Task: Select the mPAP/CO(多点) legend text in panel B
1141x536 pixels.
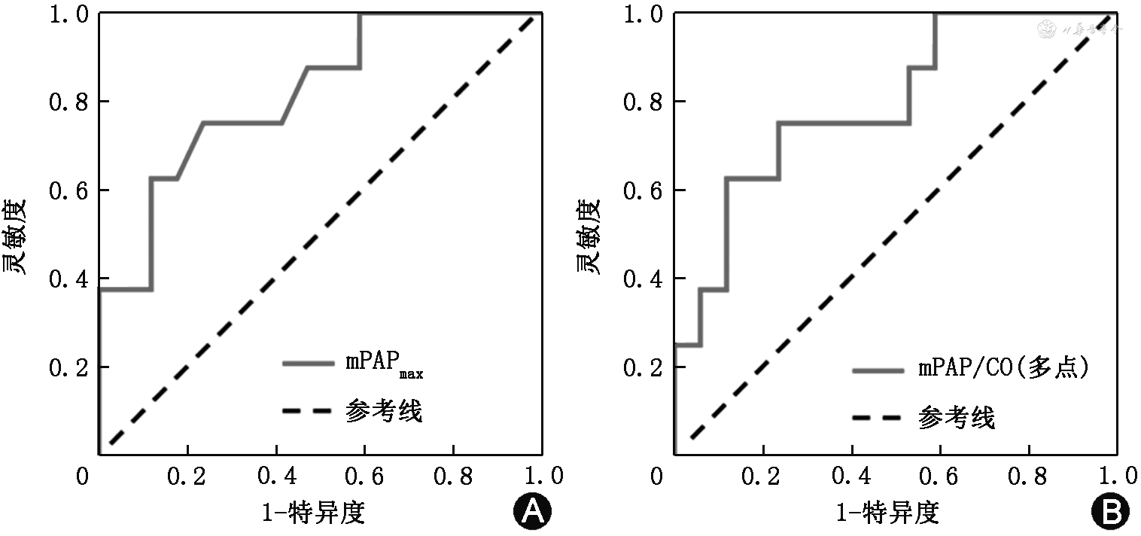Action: pos(1004,369)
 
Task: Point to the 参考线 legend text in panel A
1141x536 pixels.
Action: pos(384,412)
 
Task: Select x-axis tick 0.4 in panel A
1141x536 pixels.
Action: pos(275,476)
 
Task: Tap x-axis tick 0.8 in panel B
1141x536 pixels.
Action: pos(1029,476)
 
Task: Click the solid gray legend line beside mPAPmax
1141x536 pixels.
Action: pos(308,363)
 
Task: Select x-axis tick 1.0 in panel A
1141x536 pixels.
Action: pos(543,476)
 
